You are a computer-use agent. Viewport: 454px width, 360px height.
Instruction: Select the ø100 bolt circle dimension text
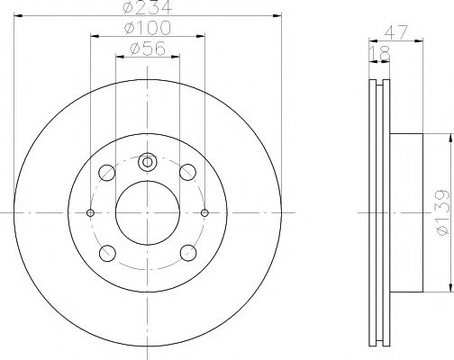pyautogui.click(x=147, y=31)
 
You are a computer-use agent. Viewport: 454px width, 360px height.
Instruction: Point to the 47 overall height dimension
pyautogui.click(x=395, y=31)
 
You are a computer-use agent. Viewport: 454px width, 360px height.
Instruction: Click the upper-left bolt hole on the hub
pyautogui.click(x=107, y=172)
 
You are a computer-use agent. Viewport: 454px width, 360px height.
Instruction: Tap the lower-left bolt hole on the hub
pyautogui.click(x=107, y=252)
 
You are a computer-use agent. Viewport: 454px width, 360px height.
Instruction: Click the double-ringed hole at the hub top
pyautogui.click(x=148, y=163)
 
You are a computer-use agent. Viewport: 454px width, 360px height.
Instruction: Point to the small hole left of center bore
pyautogui.click(x=90, y=212)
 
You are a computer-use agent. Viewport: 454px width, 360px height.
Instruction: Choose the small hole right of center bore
pyautogui.click(x=205, y=212)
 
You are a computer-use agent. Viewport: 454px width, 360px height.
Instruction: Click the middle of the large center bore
pyautogui.click(x=148, y=212)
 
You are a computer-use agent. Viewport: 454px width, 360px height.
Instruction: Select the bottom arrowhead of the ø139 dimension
pyautogui.click(x=447, y=289)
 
